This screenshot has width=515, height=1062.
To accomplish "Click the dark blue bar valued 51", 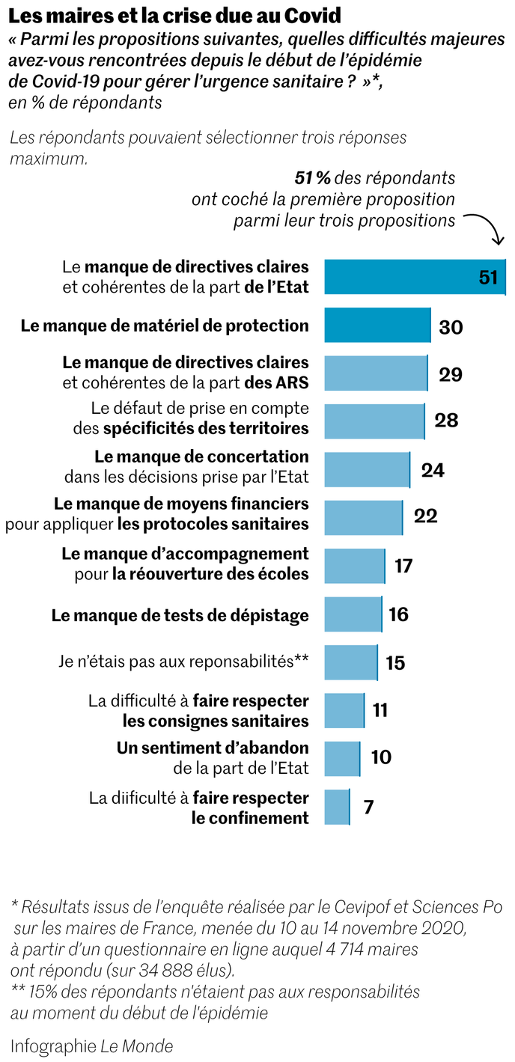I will pyautogui.click(x=404, y=277).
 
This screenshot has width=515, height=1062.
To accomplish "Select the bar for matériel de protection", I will pyautogui.click(x=377, y=326).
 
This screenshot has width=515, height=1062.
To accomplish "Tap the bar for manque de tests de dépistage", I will pyautogui.click(x=353, y=614).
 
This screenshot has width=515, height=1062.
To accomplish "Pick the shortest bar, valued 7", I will pyautogui.click(x=337, y=807).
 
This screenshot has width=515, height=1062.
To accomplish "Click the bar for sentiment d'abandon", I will pyautogui.click(x=342, y=757).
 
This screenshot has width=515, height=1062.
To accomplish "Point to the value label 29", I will pyautogui.click(x=451, y=374).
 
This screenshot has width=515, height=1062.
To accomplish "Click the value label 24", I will pyautogui.click(x=433, y=470).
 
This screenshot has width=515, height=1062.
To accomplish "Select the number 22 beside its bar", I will pyautogui.click(x=425, y=516).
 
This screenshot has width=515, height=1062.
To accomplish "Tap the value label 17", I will pyautogui.click(x=403, y=565).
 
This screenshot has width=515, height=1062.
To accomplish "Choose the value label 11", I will pyautogui.click(x=380, y=709).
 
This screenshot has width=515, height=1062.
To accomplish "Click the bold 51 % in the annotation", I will pyautogui.click(x=313, y=178).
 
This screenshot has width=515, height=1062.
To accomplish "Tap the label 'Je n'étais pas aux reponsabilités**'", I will pyautogui.click(x=183, y=662).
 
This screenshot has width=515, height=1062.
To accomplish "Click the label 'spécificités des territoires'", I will pyautogui.click(x=206, y=428).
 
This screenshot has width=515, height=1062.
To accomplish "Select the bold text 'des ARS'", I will pyautogui.click(x=276, y=382).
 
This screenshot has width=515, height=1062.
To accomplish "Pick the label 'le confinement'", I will pyautogui.click(x=250, y=817).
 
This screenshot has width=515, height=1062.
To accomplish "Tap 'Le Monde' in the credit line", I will pyautogui.click(x=137, y=1046).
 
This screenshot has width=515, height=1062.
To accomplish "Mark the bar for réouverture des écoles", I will pyautogui.click(x=354, y=565).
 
